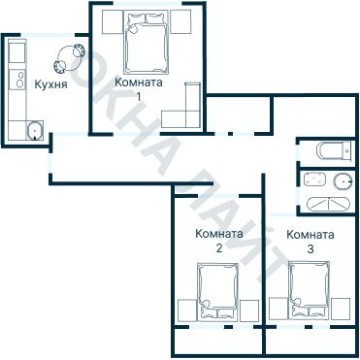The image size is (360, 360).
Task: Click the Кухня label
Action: click(x=50, y=84)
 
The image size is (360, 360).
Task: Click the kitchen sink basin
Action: click(x=35, y=130)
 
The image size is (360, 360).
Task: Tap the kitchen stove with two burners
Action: click(x=17, y=80)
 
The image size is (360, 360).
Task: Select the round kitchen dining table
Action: click(x=69, y=57)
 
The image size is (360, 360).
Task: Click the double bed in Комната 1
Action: click(x=147, y=43)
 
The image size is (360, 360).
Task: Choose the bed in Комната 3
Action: click(x=309, y=290)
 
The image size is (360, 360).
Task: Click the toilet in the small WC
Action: click(x=334, y=151)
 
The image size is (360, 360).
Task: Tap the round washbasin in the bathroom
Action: click(x=343, y=181)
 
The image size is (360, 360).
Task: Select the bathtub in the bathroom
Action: click(x=328, y=204)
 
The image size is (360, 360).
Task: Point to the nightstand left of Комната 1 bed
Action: click(x=113, y=21)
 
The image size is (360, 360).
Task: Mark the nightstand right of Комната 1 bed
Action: click(x=180, y=21)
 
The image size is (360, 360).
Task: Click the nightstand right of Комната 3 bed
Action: click(x=341, y=310)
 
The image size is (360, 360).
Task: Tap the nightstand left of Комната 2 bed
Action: click(x=187, y=311)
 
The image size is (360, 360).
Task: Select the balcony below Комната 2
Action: click(x=219, y=341)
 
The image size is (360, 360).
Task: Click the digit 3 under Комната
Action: click(x=311, y=249)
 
